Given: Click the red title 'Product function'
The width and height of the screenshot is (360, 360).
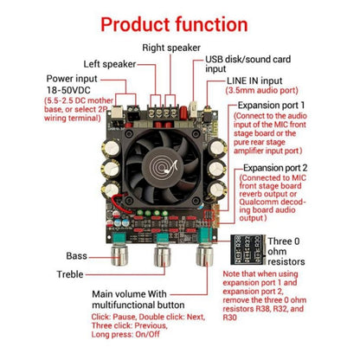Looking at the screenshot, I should click(x=179, y=22).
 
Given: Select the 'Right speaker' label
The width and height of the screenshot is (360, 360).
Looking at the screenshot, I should click(x=173, y=48).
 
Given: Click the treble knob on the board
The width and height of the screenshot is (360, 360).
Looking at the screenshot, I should click(x=161, y=258).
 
